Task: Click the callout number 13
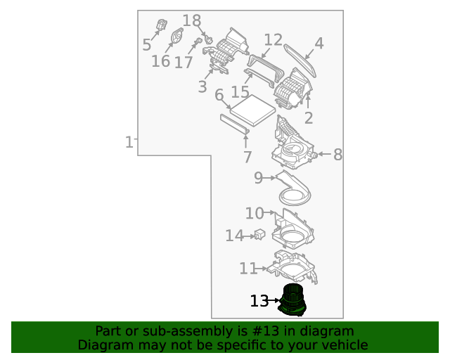pyautogui.click(x=259, y=301)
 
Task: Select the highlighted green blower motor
pyautogui.click(x=294, y=300)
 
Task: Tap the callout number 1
pyautogui.click(x=129, y=143)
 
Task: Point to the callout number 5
pyautogui.click(x=146, y=45)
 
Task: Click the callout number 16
pyautogui.click(x=160, y=61)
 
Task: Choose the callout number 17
pyautogui.click(x=183, y=63)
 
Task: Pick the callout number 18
pyautogui.click(x=191, y=21)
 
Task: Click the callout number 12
pyautogui.click(x=273, y=40)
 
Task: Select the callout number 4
pyautogui.click(x=319, y=44)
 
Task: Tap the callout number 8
pyautogui.click(x=337, y=155)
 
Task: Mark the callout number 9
pyautogui.click(x=258, y=179)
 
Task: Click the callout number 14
pyautogui.click(x=233, y=236)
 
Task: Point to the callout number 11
pyautogui.click(x=247, y=269)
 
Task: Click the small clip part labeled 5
pyautogui.click(x=162, y=26)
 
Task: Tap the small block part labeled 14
pyautogui.click(x=259, y=235)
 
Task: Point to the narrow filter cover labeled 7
pyautogui.click(x=235, y=124)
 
